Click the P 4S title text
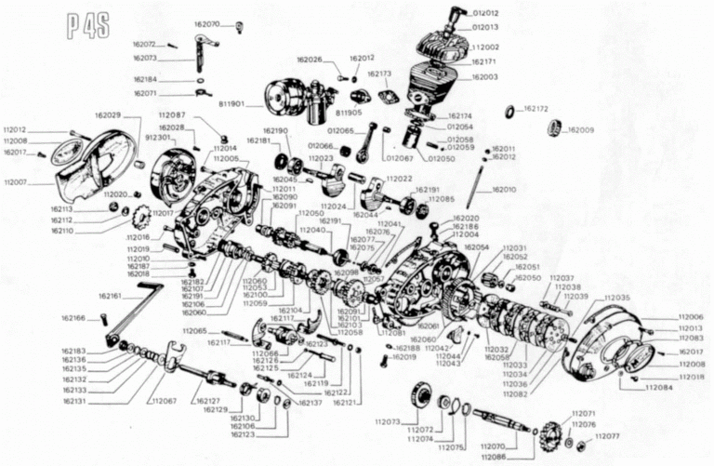point(87,25)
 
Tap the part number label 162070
point(206,23)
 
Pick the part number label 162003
point(484,76)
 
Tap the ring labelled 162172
point(509,112)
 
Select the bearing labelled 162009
point(556,127)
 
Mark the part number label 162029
point(107,115)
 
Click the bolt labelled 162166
point(104,320)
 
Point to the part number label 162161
point(111,296)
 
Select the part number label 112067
point(163,401)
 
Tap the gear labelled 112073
point(422,397)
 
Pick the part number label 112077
point(606,435)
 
